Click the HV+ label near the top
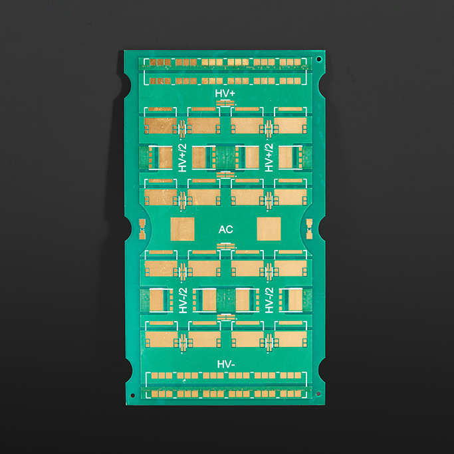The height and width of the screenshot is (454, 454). pyautogui.click(x=225, y=94)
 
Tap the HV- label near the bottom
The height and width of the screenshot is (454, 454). pyautogui.click(x=226, y=364)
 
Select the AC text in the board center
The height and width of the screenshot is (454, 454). pyautogui.click(x=226, y=229)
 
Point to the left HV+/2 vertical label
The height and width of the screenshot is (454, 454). pyautogui.click(x=182, y=158)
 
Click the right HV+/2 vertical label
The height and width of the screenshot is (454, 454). pyautogui.click(x=269, y=158)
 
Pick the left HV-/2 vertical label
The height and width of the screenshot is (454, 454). pyautogui.click(x=183, y=300)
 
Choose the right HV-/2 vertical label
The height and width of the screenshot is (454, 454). pyautogui.click(x=269, y=300)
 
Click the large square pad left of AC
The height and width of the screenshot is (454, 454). pyautogui.click(x=182, y=229)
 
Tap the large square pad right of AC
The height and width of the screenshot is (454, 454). pyautogui.click(x=269, y=229)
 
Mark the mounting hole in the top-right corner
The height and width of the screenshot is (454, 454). pyautogui.click(x=319, y=59)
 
